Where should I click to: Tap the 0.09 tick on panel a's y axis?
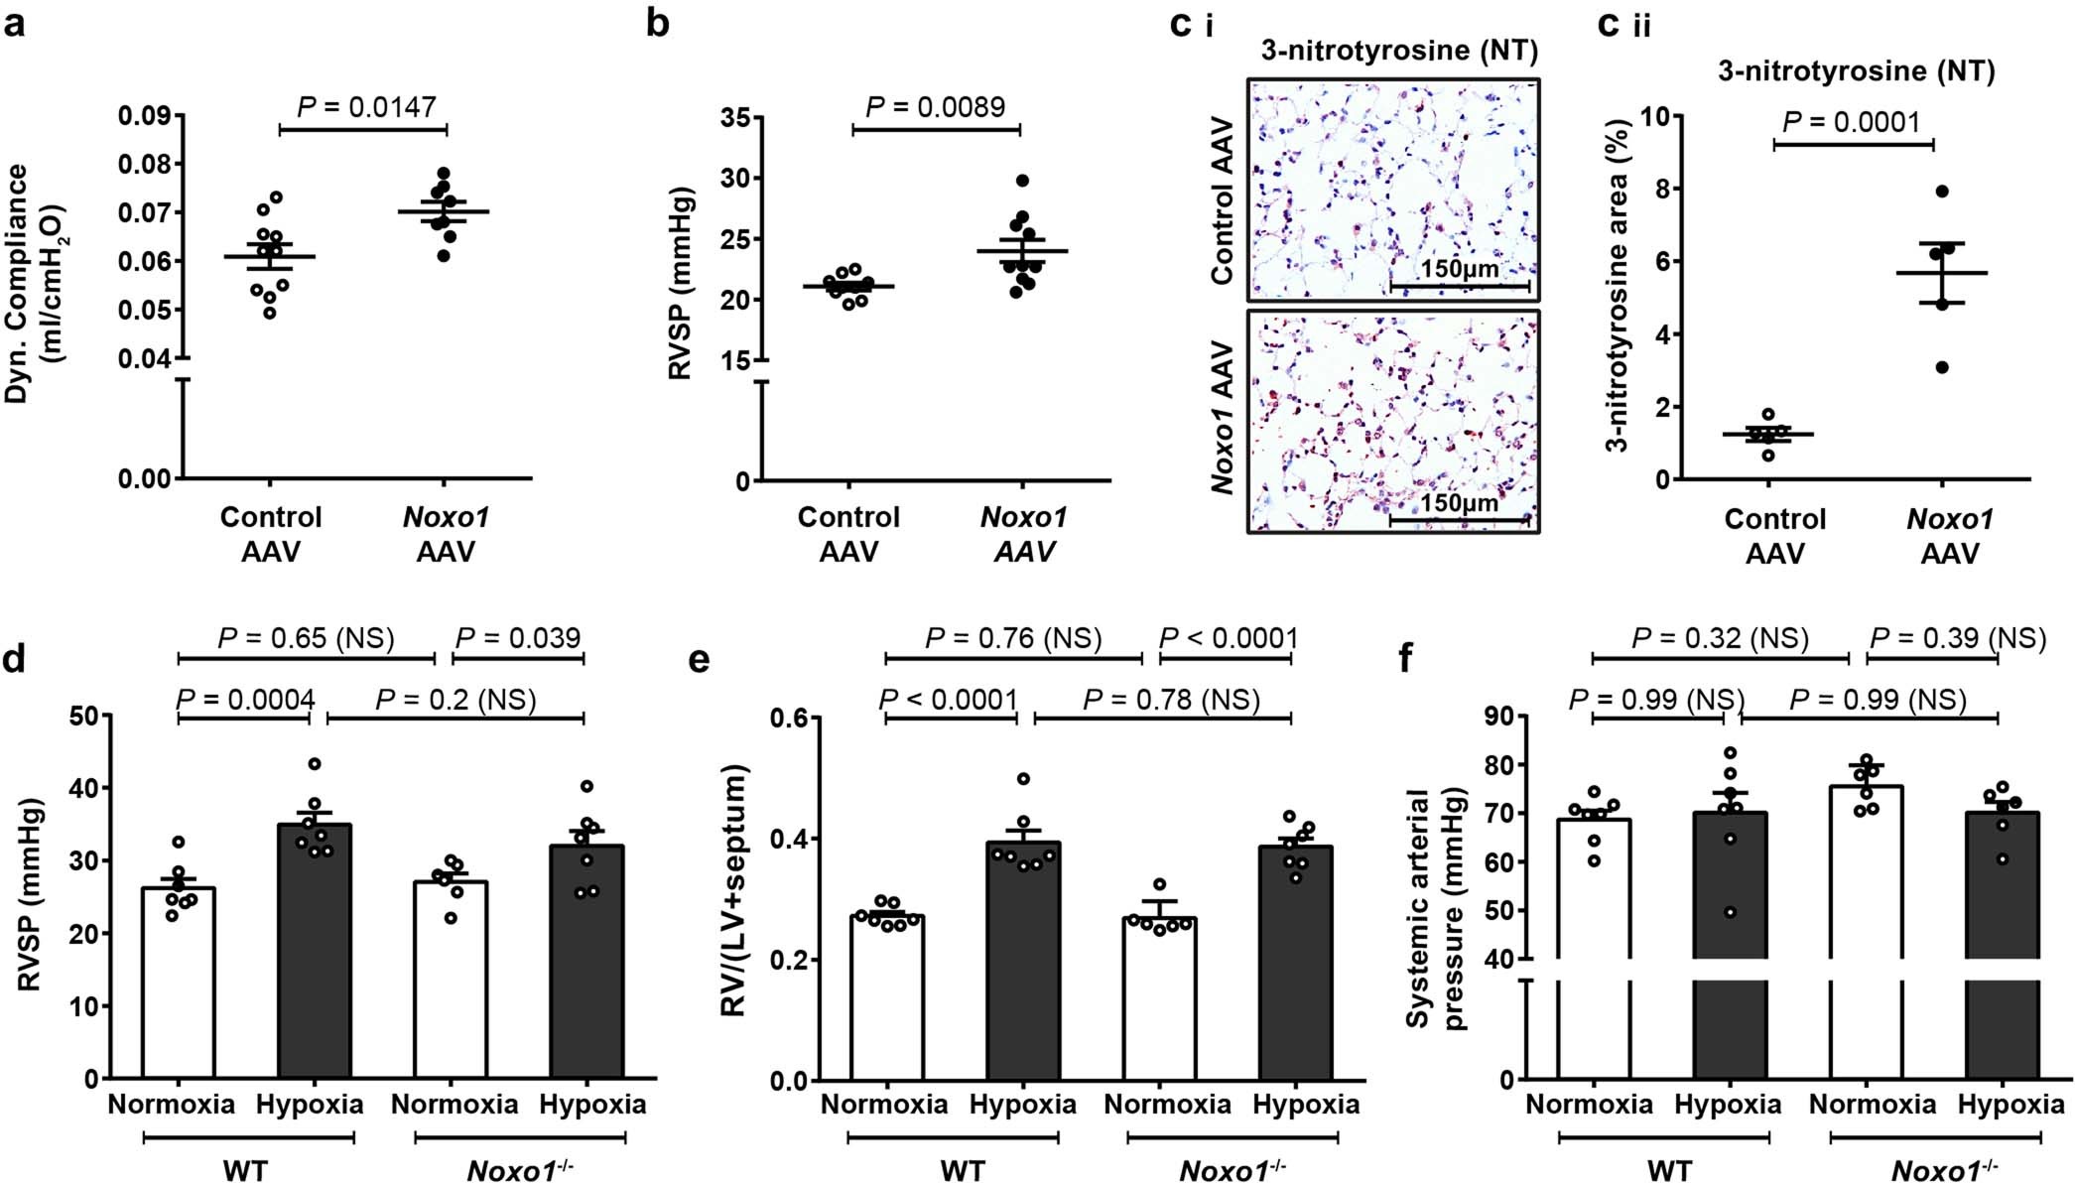pyautogui.click(x=145, y=116)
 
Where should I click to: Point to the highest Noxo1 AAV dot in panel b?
pyautogui.click(x=1023, y=181)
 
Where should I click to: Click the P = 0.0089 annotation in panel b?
pyautogui.click(x=936, y=106)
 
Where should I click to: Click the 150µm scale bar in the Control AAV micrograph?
pyautogui.click(x=1459, y=286)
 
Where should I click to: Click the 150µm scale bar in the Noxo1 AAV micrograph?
pyautogui.click(x=1459, y=518)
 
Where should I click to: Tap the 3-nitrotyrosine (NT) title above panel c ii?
pyautogui.click(x=1856, y=71)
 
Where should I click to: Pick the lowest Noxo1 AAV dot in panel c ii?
pyautogui.click(x=1942, y=367)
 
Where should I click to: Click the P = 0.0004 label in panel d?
pyautogui.click(x=245, y=700)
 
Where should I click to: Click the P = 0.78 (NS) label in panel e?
pyautogui.click(x=1171, y=700)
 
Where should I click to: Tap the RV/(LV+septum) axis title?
pyautogui.click(x=735, y=897)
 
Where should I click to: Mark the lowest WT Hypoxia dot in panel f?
pyautogui.click(x=1732, y=912)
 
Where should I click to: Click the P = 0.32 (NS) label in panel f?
pyautogui.click(x=1720, y=638)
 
